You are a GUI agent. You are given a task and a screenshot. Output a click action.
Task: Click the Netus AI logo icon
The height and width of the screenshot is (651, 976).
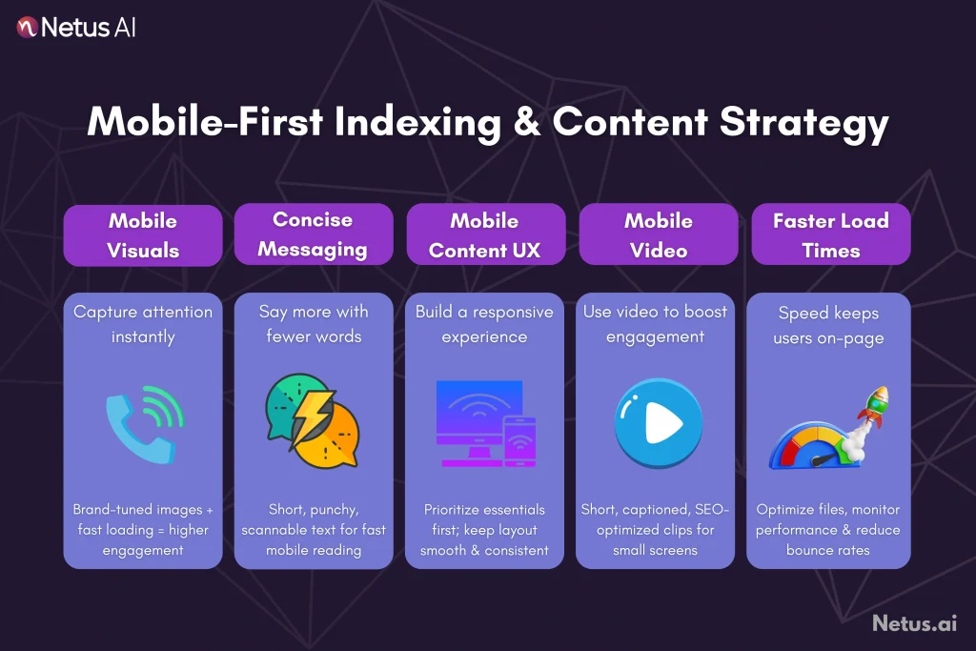(x=27, y=27)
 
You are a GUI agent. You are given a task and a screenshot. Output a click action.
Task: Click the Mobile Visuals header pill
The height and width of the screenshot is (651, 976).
(x=143, y=235)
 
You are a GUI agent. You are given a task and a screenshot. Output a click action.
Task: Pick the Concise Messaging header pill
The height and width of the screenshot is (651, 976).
(x=314, y=234)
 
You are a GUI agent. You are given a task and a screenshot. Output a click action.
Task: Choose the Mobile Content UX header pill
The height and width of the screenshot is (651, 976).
(x=484, y=235)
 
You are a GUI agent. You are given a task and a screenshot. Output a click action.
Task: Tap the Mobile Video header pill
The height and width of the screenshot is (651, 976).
(x=658, y=235)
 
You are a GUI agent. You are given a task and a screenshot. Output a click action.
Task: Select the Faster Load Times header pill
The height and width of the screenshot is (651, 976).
(x=830, y=235)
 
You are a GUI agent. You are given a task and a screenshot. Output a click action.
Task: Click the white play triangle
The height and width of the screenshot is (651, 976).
(x=659, y=425)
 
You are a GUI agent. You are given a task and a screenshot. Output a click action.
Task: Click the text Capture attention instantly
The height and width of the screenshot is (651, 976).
(x=143, y=324)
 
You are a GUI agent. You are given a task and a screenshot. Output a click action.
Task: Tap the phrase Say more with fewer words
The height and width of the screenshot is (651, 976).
(x=314, y=324)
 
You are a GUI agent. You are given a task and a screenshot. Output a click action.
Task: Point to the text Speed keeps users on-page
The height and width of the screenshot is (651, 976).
(x=828, y=325)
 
